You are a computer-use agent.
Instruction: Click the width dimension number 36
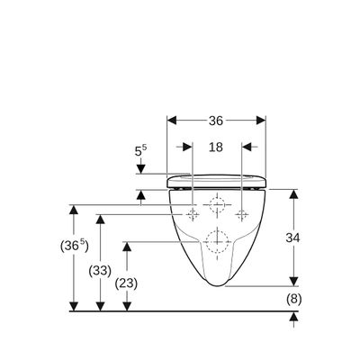click(x=216, y=121)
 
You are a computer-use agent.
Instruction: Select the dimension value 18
click(x=216, y=147)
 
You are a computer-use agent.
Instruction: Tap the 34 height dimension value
click(x=292, y=238)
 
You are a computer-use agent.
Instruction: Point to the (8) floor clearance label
click(x=293, y=299)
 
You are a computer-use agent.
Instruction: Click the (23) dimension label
click(x=126, y=283)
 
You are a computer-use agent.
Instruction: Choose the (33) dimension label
click(x=100, y=271)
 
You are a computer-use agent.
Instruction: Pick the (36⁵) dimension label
click(x=74, y=247)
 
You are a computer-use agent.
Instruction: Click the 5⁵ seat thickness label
click(x=140, y=151)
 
